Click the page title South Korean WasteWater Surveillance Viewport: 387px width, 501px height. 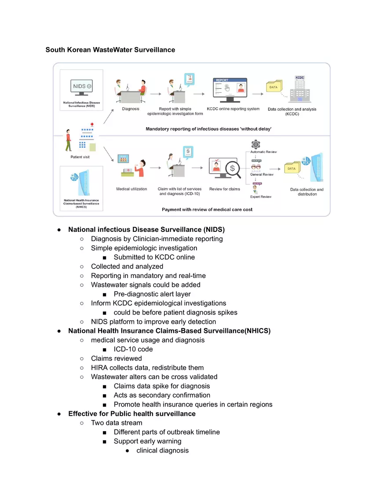110,50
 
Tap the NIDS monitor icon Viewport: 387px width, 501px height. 81,86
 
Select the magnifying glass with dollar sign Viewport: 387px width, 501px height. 232,169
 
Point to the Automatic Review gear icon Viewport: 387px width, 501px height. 255,144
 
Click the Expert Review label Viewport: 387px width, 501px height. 261,197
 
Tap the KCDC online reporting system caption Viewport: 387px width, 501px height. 233,109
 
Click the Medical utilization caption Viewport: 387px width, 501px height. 131,189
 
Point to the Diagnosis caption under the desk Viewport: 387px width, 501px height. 131,109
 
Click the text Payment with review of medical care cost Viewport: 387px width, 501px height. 207,209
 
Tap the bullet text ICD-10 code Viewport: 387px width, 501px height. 133,349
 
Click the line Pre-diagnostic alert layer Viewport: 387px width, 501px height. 152,294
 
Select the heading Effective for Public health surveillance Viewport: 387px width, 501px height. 132,413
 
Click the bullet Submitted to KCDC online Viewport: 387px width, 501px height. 154,257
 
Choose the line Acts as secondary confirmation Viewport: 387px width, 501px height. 162,395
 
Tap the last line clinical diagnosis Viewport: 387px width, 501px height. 162,450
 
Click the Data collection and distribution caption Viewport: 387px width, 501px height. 307,192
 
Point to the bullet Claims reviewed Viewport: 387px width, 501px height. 117,358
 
